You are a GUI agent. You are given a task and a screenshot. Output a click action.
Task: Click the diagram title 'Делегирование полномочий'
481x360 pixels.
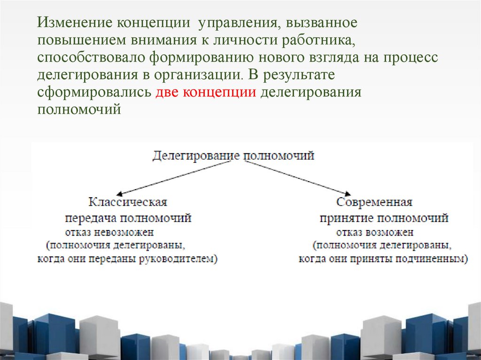tap(233, 156)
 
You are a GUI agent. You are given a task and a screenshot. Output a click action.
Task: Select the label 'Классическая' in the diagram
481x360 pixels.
tap(128, 202)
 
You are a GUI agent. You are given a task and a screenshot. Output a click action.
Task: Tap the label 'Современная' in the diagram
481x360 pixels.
tap(374, 202)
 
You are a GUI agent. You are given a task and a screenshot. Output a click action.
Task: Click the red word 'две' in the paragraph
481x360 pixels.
tap(166, 92)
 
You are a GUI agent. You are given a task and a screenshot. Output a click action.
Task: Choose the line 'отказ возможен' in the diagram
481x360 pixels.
tap(374, 232)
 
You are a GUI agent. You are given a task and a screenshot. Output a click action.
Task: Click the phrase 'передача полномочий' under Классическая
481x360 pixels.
tap(128, 218)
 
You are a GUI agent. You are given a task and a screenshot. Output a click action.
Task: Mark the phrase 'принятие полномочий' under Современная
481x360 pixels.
tap(384, 218)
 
